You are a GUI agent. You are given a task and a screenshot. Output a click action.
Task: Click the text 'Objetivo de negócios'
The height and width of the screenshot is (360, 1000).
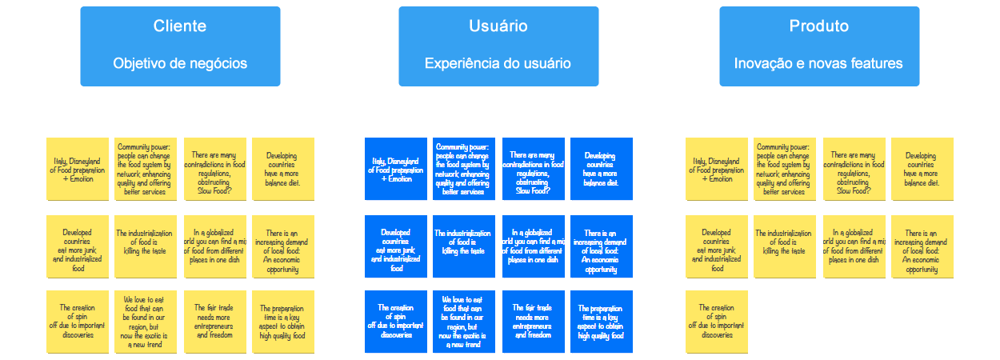[x=180, y=64]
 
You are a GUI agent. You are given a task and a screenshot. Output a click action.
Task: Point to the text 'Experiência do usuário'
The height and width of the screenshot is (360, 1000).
[x=498, y=64]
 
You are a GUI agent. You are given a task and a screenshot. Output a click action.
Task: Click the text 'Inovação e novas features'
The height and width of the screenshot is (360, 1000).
[x=818, y=64]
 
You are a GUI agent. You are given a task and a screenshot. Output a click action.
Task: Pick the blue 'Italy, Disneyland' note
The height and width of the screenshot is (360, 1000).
[x=396, y=169]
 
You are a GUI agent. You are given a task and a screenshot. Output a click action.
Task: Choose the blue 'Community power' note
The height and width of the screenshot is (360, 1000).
[x=464, y=169]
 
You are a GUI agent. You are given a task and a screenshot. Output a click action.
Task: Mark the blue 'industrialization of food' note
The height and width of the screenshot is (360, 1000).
[x=464, y=246]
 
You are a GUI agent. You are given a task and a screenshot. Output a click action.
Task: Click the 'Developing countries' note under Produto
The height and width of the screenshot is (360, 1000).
[x=922, y=169]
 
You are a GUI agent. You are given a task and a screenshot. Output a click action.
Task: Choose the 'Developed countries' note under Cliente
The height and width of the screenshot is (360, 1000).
[x=78, y=246]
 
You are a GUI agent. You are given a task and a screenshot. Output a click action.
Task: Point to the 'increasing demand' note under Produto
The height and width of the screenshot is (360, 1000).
[x=922, y=246]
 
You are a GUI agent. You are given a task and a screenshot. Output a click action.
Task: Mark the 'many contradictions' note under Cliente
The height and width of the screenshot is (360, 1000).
[x=214, y=169]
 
